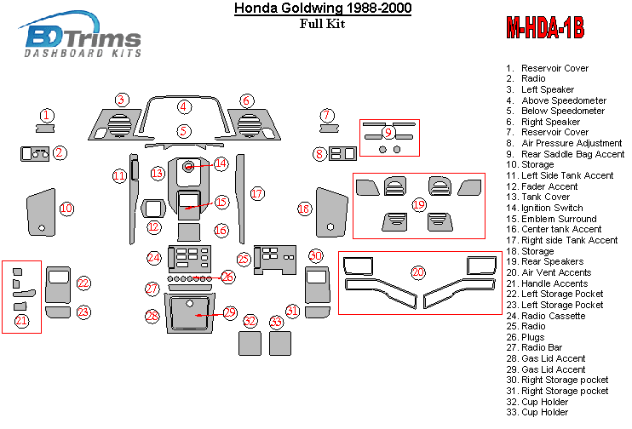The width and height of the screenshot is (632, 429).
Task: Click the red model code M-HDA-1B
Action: (x=545, y=28)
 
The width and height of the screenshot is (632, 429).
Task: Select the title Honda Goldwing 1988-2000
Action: (x=310, y=9)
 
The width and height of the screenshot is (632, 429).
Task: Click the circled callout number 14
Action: (x=221, y=163)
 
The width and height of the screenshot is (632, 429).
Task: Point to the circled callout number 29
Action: (x=229, y=312)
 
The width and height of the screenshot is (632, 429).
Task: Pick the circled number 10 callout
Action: (x=66, y=208)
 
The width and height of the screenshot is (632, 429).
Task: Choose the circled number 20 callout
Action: (x=417, y=272)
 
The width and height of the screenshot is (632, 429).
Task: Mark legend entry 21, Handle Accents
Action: (x=559, y=283)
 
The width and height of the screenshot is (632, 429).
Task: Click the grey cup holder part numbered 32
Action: (x=249, y=342)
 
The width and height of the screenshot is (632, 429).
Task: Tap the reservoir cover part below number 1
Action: (x=46, y=129)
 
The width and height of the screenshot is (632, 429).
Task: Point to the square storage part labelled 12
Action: (x=154, y=208)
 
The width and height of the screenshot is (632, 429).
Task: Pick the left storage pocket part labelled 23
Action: (x=57, y=312)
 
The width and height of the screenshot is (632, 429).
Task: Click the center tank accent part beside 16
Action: (x=189, y=231)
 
